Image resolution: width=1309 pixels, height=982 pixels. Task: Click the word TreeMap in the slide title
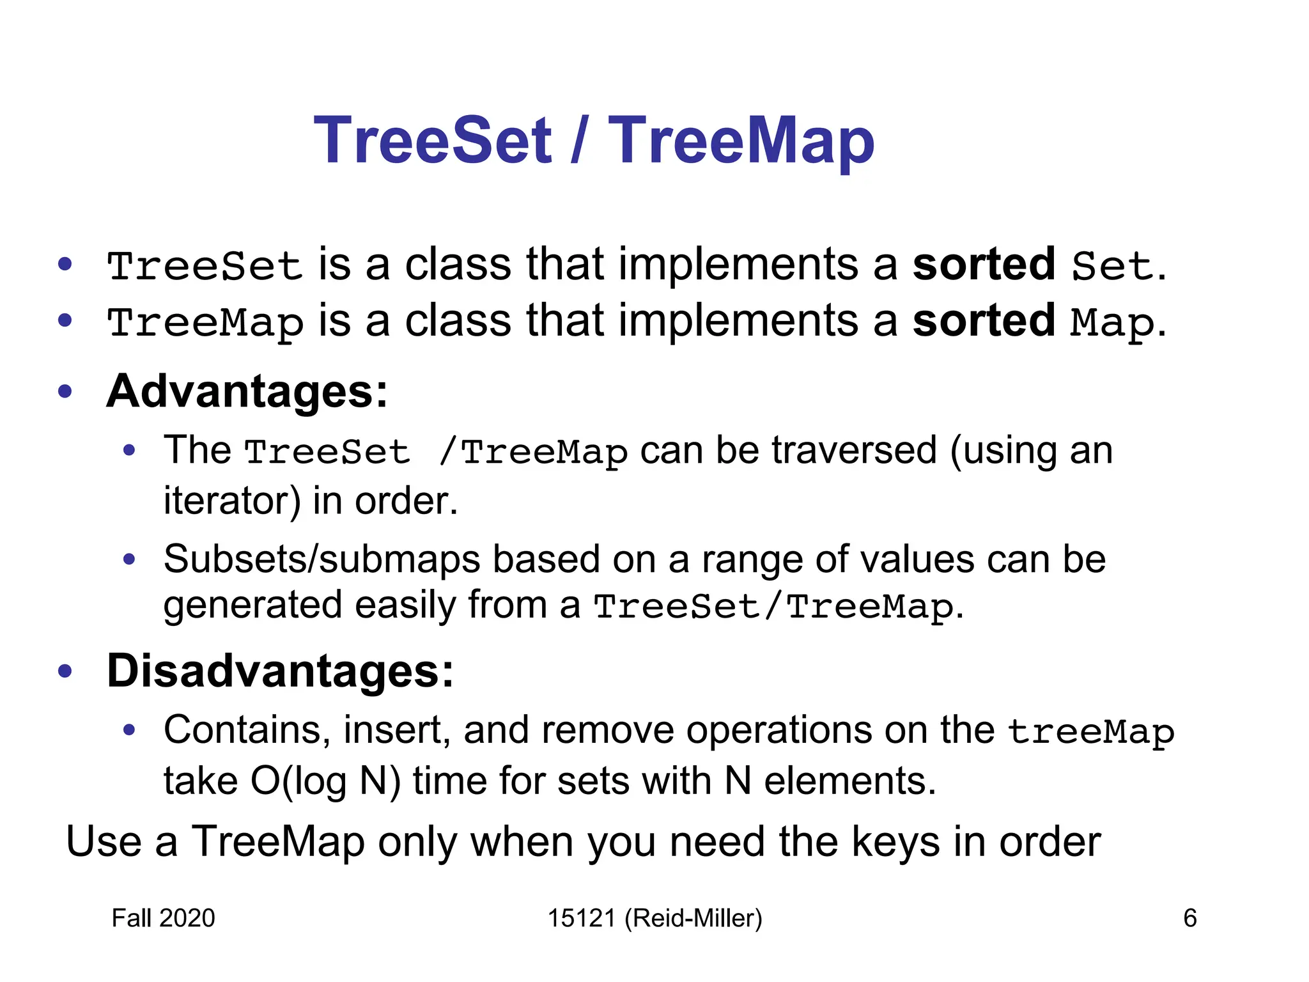pyautogui.click(x=741, y=142)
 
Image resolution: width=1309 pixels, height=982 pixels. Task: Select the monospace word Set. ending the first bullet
pyautogui.click(x=1119, y=265)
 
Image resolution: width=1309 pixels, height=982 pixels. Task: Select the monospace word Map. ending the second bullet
pyautogui.click(x=1119, y=323)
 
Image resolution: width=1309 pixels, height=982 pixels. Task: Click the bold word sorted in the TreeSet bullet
pyautogui.click(x=984, y=264)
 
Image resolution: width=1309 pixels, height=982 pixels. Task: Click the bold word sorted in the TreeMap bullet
pyautogui.click(x=984, y=320)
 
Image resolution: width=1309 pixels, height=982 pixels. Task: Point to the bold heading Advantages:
pyautogui.click(x=247, y=391)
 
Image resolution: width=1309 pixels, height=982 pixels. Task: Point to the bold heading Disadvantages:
pyautogui.click(x=281, y=671)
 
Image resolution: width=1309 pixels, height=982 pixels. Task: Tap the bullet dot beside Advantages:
pyautogui.click(x=65, y=391)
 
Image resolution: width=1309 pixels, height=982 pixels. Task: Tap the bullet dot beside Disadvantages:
pyautogui.click(x=65, y=671)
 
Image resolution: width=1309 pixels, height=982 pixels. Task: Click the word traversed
pyautogui.click(x=854, y=450)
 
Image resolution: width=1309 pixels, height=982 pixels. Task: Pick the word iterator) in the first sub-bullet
pyautogui.click(x=232, y=501)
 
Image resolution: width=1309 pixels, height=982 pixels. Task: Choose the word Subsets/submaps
pyautogui.click(x=321, y=559)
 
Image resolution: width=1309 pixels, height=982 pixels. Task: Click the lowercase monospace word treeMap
pyautogui.click(x=1091, y=732)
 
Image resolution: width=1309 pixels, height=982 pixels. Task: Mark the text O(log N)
pyautogui.click(x=325, y=781)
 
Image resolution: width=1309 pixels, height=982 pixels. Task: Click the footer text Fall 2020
pyautogui.click(x=163, y=918)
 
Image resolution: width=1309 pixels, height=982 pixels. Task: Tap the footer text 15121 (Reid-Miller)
pyautogui.click(x=655, y=918)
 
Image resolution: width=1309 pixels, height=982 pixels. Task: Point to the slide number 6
pyautogui.click(x=1189, y=918)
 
